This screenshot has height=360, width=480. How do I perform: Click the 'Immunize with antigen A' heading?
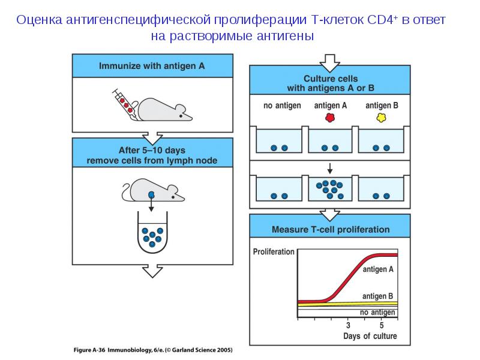(152, 66)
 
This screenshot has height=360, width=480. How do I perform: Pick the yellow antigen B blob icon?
(381, 118)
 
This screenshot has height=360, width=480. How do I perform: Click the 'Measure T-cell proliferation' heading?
(331, 229)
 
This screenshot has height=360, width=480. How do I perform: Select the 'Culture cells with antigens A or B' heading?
(331, 83)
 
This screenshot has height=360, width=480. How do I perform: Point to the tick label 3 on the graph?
(348, 325)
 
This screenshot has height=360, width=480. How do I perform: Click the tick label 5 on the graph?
(381, 325)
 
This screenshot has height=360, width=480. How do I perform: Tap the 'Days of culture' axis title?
(370, 336)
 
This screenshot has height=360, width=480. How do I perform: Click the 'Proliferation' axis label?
(274, 251)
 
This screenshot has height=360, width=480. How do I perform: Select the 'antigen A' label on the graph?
(378, 270)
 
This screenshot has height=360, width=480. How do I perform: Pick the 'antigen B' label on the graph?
(378, 296)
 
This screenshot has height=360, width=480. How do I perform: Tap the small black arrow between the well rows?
(329, 167)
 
